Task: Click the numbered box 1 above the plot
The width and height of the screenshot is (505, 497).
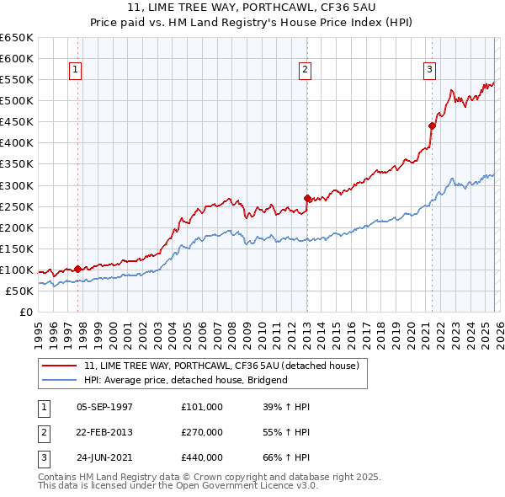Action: [x=77, y=70]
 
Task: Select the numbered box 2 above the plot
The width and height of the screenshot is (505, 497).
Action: [x=305, y=70]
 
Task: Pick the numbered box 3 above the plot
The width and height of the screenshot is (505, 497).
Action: [x=429, y=70]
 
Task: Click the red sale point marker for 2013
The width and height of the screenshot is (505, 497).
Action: [x=307, y=198]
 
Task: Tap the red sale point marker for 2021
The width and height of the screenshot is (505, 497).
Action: [x=432, y=126]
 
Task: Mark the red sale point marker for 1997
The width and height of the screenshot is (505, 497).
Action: [x=77, y=269]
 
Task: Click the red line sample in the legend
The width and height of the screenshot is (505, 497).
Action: [x=61, y=366]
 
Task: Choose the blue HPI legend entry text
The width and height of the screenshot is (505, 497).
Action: [x=185, y=380]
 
